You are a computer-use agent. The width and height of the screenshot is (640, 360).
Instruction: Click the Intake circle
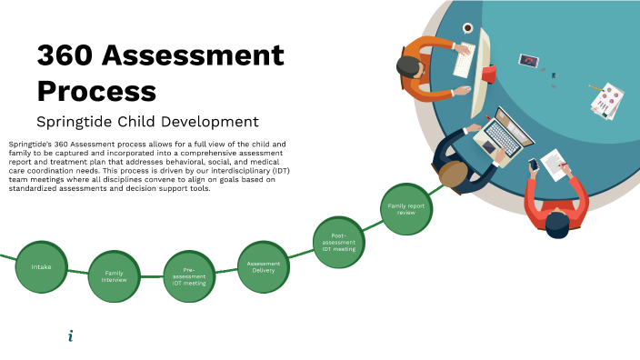[42, 266]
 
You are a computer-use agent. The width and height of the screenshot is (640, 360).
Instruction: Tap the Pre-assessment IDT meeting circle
[190, 275]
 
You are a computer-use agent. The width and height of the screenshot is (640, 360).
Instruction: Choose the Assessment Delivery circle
[264, 266]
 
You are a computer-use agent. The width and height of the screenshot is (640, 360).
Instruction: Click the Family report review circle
[405, 208]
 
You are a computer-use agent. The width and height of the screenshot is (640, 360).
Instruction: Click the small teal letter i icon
[71, 336]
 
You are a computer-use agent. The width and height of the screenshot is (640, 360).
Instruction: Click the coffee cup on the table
[467, 29]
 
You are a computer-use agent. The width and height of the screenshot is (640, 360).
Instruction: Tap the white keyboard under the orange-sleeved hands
[463, 62]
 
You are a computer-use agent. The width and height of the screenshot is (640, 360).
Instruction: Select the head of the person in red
[558, 223]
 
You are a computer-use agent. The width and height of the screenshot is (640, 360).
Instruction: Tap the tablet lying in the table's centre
[529, 61]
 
